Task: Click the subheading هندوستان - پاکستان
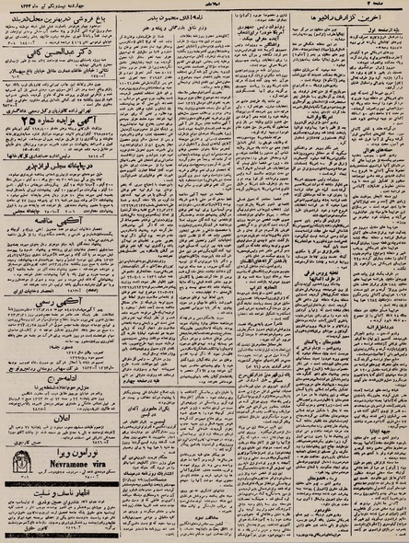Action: [326, 358]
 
